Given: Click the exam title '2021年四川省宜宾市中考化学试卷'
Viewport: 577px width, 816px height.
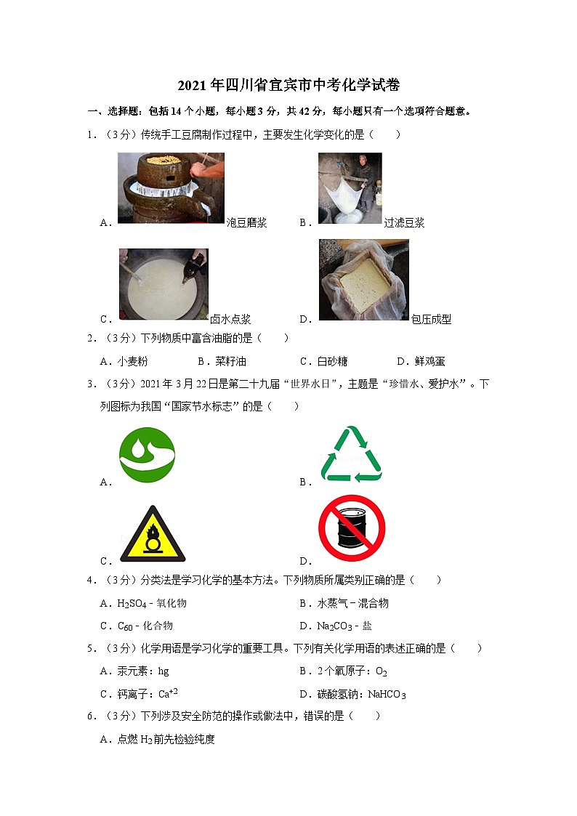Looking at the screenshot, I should (x=288, y=85).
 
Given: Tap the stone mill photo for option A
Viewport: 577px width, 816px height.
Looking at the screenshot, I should (x=171, y=187).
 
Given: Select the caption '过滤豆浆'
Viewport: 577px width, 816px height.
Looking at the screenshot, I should (x=404, y=223).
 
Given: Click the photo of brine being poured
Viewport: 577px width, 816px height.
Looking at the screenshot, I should (x=164, y=284).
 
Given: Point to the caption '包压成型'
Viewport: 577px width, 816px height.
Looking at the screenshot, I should (x=431, y=319).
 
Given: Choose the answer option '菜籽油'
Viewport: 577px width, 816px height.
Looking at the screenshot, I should (x=221, y=361).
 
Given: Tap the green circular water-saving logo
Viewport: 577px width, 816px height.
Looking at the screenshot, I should (x=147, y=455).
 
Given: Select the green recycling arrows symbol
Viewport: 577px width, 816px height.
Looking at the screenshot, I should (x=351, y=454).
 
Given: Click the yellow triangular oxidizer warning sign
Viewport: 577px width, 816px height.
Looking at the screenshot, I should (x=153, y=535).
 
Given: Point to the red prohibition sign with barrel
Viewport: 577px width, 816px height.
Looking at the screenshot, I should (x=352, y=528).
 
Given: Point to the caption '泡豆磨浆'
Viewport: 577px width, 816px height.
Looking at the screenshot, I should (x=247, y=223).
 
